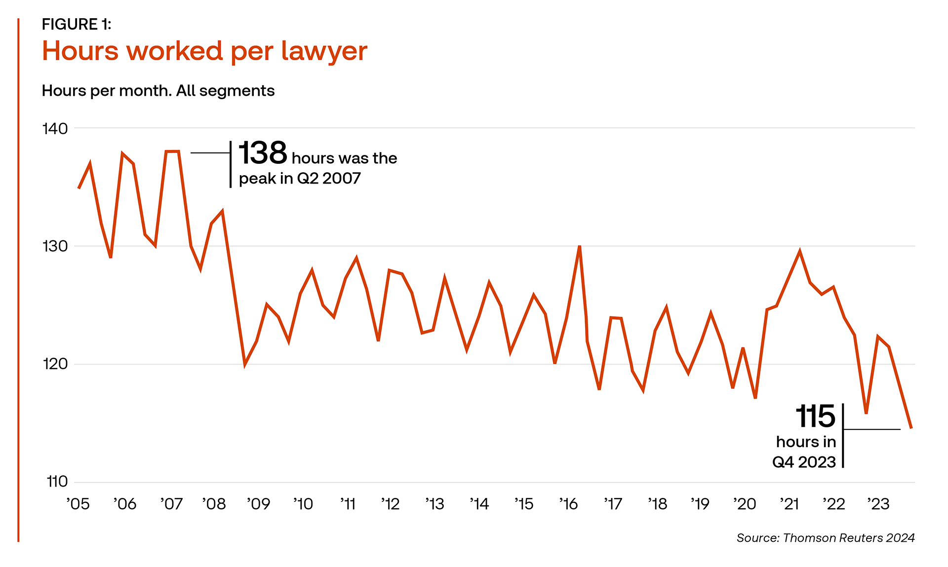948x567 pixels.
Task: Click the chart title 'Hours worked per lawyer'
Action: [204, 51]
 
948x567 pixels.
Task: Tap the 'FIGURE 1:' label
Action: [77, 24]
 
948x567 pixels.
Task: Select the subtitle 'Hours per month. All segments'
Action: [158, 91]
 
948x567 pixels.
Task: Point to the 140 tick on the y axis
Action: [55, 129]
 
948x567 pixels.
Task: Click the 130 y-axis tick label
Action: [55, 246]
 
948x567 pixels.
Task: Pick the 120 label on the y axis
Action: [55, 364]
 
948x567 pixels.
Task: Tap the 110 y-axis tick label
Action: [57, 482]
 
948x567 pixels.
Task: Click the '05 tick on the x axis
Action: [78, 504]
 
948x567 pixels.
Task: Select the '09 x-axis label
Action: [258, 504]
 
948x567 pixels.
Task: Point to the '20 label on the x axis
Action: [745, 504]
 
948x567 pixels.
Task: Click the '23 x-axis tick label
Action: [878, 504]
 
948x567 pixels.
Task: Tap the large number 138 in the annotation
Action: [263, 153]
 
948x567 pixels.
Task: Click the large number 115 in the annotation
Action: [815, 417]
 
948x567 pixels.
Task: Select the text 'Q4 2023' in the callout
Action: [804, 462]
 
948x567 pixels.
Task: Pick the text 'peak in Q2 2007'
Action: [300, 179]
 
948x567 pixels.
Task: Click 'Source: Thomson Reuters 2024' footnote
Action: [826, 538]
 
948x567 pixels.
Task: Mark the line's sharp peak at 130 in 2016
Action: [579, 246]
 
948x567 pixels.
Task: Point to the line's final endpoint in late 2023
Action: [911, 428]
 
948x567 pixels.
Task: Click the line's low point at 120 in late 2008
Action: [245, 365]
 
